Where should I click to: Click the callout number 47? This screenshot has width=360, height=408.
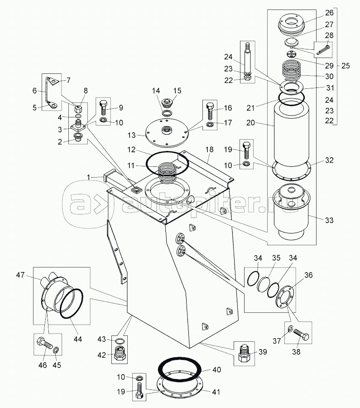click(20, 275)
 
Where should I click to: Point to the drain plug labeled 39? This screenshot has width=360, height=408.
click(244, 353)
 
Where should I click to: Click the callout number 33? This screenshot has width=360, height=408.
click(329, 220)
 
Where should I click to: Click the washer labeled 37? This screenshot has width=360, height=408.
click(290, 329)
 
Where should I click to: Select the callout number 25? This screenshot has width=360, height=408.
click(346, 66)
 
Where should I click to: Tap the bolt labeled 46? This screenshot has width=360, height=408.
click(45, 344)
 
